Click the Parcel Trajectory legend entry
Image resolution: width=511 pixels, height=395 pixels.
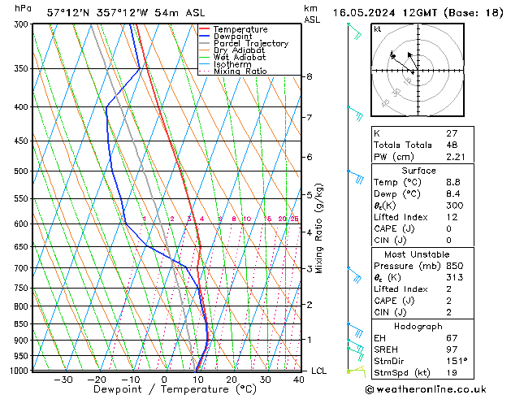point(250,43)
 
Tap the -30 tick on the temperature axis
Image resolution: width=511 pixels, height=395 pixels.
point(63,380)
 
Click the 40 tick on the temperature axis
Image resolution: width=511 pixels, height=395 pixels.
point(300,380)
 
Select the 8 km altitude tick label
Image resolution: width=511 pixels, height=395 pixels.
point(310,76)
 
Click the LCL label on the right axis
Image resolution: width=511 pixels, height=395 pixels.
point(320,371)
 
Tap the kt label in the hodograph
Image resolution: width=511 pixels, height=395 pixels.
point(378,28)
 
